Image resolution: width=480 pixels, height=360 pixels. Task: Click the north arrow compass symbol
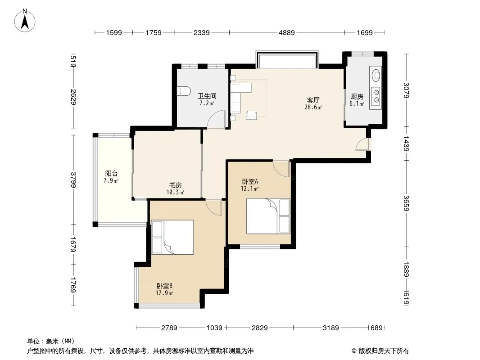click(x=25, y=20)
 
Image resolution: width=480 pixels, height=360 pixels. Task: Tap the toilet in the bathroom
click(x=184, y=91)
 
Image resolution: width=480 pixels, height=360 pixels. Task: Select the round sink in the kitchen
click(x=376, y=75)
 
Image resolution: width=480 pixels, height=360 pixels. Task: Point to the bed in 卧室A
click(x=268, y=216)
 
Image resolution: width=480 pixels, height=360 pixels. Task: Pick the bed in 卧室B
click(x=172, y=237)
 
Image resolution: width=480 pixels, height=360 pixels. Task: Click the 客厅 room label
click(x=313, y=100)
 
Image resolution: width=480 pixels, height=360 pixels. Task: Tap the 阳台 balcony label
click(x=111, y=173)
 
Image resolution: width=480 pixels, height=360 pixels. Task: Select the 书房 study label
click(x=176, y=185)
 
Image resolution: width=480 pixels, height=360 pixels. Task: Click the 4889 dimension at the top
click(x=286, y=32)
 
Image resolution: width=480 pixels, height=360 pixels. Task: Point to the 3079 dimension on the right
click(x=406, y=90)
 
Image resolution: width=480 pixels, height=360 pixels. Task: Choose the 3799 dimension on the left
click(x=73, y=180)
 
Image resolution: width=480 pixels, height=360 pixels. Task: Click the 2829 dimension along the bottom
click(x=260, y=328)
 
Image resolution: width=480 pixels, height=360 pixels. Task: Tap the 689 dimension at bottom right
click(x=376, y=328)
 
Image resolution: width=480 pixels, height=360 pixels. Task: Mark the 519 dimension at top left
click(x=73, y=61)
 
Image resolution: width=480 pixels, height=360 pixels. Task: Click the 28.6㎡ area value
click(x=313, y=108)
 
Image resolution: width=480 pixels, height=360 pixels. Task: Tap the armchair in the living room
click(x=252, y=115)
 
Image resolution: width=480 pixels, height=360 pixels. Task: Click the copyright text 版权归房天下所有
click(x=384, y=351)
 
